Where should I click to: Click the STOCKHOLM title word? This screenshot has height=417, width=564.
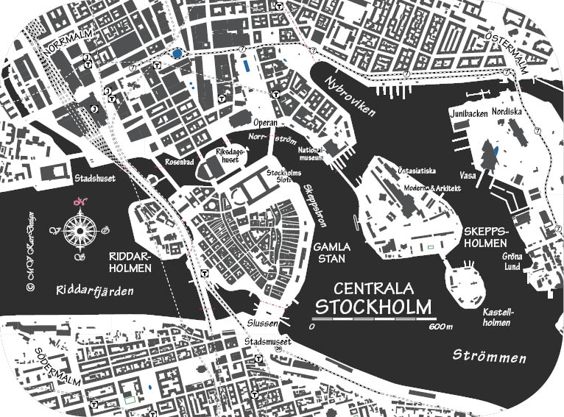click(x=373, y=305)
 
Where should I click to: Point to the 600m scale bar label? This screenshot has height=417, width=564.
click(x=440, y=326)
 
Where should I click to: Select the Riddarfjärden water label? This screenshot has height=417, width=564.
click(x=95, y=291)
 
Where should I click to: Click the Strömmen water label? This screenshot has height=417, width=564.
click(x=490, y=357)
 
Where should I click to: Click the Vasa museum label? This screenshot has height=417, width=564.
click(x=467, y=176)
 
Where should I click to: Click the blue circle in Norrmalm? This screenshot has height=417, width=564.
click(x=177, y=53)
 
